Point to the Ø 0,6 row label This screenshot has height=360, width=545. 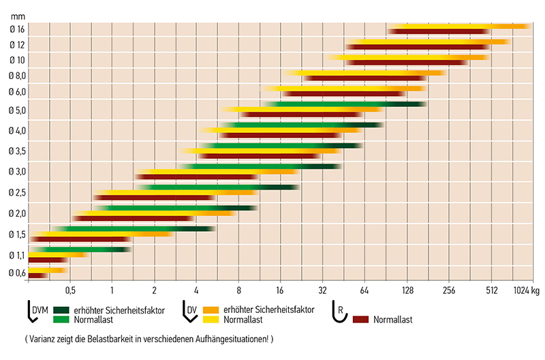pyautogui.click(x=18, y=273)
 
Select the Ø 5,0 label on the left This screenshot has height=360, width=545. pyautogui.click(x=18, y=110)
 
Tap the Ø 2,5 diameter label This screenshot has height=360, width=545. pyautogui.click(x=18, y=193)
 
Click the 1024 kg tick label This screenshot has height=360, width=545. pyautogui.click(x=525, y=289)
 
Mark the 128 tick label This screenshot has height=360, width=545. pyautogui.click(x=407, y=289)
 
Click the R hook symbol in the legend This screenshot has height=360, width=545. pyautogui.click(x=339, y=310)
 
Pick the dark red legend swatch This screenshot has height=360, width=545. pyautogui.click(x=369, y=319)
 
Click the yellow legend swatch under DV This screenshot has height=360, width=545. pyautogui.click(x=208, y=319)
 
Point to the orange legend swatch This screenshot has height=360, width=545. pyautogui.click(x=208, y=310)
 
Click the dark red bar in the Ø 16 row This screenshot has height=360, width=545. pyautogui.click(x=439, y=31)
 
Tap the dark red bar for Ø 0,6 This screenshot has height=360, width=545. pyautogui.click(x=37, y=275)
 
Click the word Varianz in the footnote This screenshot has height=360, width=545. pyautogui.click(x=42, y=338)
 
